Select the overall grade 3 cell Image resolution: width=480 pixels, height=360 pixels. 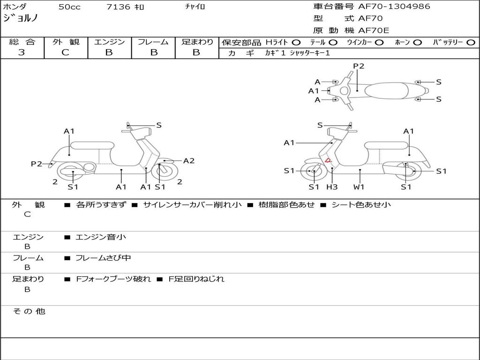point(22,52)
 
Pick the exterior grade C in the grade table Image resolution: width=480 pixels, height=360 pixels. point(65,52)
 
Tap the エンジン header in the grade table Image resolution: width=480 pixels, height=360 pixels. point(109,42)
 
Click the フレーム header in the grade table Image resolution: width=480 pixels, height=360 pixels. point(153,42)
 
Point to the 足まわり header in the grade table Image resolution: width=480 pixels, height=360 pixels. point(197,42)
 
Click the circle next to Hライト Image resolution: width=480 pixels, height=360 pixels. point(296,43)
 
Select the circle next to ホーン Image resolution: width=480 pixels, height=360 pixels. point(418,43)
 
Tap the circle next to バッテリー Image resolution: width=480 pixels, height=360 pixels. point(471,43)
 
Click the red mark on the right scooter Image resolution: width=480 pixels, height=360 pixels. point(328,161)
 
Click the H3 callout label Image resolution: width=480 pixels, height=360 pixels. point(332,187)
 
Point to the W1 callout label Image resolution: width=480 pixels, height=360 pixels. point(359,187)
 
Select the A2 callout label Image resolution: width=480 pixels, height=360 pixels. point(189,161)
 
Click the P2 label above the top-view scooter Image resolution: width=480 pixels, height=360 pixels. point(359,66)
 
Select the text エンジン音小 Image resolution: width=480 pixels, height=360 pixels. point(101,237)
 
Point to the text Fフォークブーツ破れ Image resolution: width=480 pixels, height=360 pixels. point(113,279)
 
